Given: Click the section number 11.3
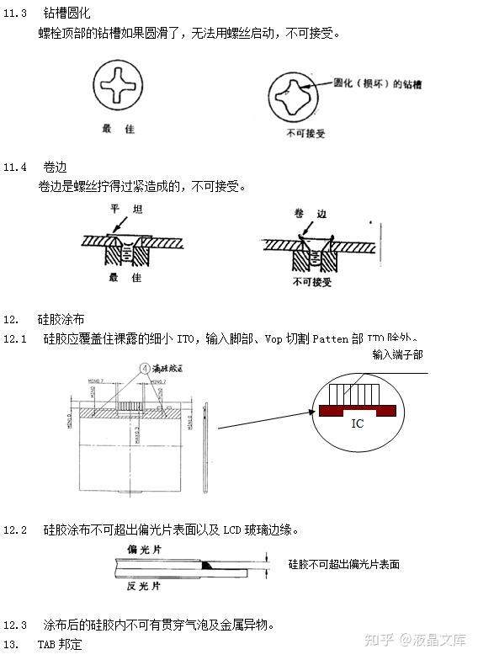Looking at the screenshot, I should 15,14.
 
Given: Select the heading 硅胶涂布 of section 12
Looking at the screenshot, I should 61,320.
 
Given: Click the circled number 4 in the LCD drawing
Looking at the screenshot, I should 144,368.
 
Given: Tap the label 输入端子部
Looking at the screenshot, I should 398,355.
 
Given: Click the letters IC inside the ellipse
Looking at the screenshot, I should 357,423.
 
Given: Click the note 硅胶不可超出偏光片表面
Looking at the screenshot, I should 343,564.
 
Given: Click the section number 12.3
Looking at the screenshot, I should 15,625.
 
